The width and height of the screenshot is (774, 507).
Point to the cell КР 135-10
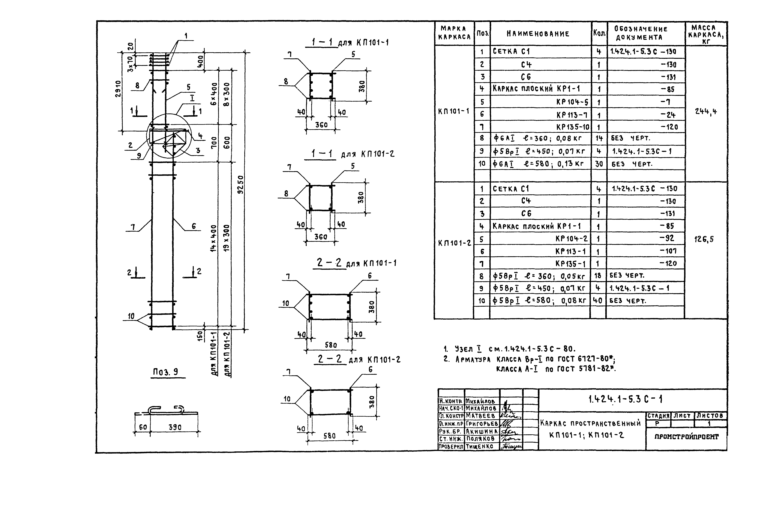[x=572, y=127]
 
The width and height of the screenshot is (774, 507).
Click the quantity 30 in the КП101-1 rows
[x=599, y=164]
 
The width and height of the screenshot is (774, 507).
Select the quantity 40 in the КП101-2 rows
[x=598, y=300]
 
